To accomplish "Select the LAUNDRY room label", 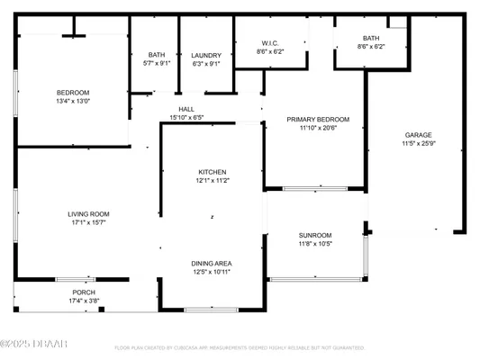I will click(206, 56).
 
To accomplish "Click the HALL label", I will click(186, 109).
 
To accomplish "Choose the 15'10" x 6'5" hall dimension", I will click(186, 117).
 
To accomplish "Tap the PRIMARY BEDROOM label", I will click(318, 119).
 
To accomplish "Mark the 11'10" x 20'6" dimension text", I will click(318, 128).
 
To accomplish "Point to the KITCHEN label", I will click(213, 172).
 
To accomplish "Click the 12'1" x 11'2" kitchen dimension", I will click(213, 181).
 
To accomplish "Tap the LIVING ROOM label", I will click(88, 213).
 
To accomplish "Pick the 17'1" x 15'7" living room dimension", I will click(88, 222).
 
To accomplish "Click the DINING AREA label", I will click(212, 263).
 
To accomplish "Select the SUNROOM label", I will click(315, 235).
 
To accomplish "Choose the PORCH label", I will click(84, 292).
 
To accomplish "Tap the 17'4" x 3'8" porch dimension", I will click(84, 301).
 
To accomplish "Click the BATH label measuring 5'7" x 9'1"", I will click(157, 56).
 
